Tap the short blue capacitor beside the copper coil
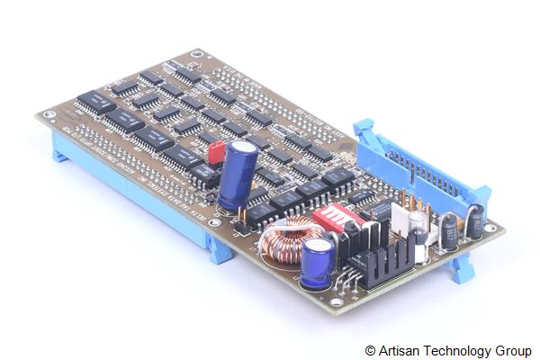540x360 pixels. point(318,262)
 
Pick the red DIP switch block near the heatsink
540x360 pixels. point(339,219)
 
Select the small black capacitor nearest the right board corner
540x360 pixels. point(474,221)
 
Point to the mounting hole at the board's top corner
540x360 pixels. point(197,55)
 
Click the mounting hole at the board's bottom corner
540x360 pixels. point(337,302)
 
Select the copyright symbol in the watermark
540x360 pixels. point(370,350)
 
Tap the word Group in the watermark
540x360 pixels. point(515,350)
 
